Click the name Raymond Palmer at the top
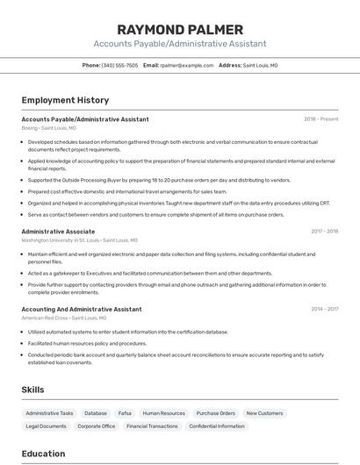pyautogui.click(x=180, y=29)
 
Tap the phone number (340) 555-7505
pyautogui.click(x=119, y=65)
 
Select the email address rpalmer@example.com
pyautogui.click(x=186, y=65)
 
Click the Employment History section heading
pyautogui.click(x=65, y=100)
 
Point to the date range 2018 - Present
pyautogui.click(x=320, y=119)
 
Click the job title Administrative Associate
pyautogui.click(x=58, y=232)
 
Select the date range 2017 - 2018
pyautogui.click(x=324, y=232)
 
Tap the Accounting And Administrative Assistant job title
pyautogui.click(x=81, y=309)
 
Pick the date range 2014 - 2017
pyautogui.click(x=324, y=309)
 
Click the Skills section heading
pyautogui.click(x=33, y=389)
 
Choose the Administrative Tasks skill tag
pyautogui.click(x=49, y=412)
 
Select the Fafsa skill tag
pyautogui.click(x=125, y=412)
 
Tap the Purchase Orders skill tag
pyautogui.click(x=215, y=412)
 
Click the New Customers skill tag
pyautogui.click(x=264, y=412)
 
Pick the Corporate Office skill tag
pyautogui.click(x=97, y=426)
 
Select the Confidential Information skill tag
pyautogui.click(x=217, y=426)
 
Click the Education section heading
pyautogui.click(x=43, y=454)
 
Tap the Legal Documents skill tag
pyautogui.click(x=46, y=426)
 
